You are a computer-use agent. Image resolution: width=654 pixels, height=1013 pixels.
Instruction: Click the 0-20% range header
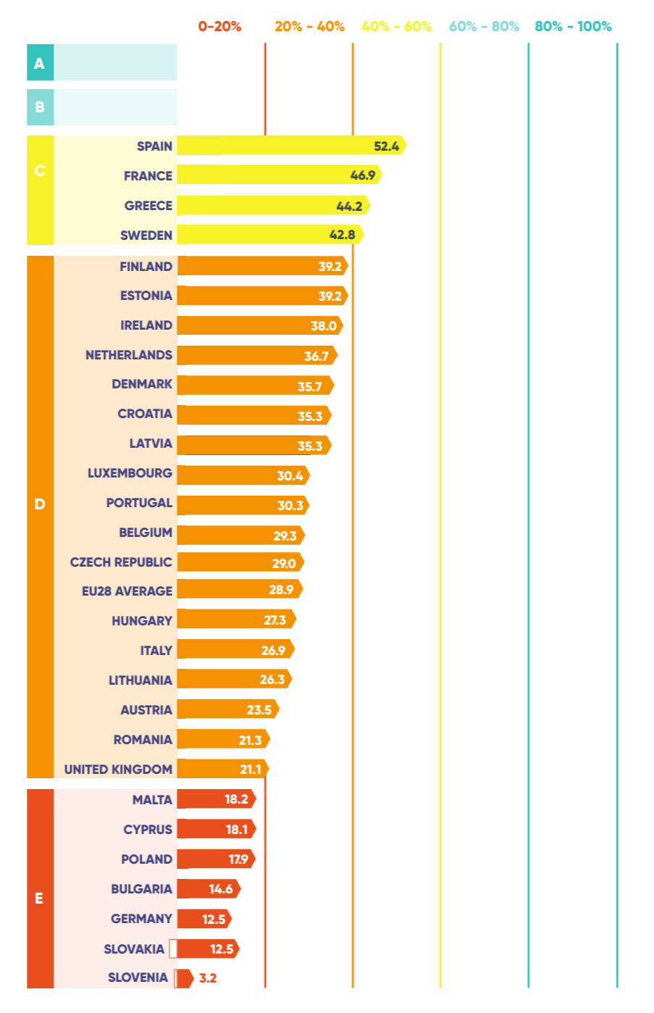[x=219, y=27]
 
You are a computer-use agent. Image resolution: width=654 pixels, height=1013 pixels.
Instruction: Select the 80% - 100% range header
[x=573, y=27]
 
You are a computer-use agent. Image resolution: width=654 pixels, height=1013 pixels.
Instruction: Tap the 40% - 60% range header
[x=396, y=27]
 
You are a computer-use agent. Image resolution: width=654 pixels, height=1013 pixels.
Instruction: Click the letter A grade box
[x=40, y=63]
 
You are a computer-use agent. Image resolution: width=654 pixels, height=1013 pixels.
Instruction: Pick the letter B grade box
[x=40, y=107]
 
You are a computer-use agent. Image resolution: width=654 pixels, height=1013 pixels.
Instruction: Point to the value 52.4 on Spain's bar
[x=386, y=146]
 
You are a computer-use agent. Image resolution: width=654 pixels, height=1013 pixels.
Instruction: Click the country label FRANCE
[x=148, y=176]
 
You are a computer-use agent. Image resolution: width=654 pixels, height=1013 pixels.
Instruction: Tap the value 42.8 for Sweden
[x=342, y=235]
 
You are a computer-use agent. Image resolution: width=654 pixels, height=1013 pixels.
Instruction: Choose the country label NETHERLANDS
[x=129, y=355]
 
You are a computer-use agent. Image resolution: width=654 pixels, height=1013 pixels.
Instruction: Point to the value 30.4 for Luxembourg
[x=290, y=476]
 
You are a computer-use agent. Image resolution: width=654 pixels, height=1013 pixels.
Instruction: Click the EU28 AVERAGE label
[x=127, y=591]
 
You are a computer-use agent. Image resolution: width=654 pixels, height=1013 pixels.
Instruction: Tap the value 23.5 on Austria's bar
[x=259, y=710]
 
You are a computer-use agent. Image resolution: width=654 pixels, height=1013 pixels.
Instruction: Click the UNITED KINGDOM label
[x=118, y=770]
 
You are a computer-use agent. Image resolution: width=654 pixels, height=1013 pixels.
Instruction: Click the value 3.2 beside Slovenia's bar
[x=208, y=978]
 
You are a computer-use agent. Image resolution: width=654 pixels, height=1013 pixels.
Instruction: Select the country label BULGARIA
[x=141, y=889]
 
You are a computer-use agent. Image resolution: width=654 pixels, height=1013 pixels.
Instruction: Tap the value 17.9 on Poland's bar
[x=238, y=859]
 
